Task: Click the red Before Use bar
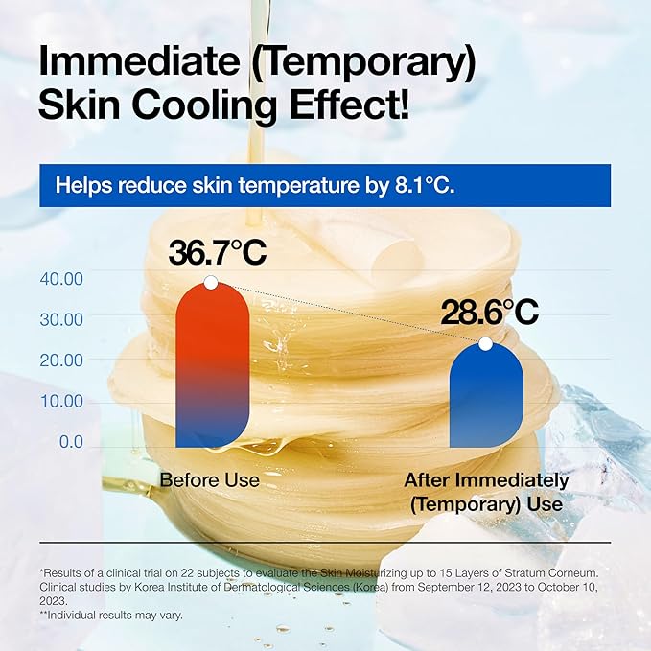tap(212, 364)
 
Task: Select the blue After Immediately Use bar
tap(485, 395)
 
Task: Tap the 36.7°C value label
tap(218, 253)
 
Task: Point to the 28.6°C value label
tap(489, 312)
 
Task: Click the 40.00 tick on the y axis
tap(61, 278)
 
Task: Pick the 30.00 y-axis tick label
tap(61, 318)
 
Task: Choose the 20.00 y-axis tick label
tap(61, 360)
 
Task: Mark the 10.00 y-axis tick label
tap(61, 401)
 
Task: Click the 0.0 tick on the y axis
tap(71, 442)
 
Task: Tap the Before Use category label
tap(210, 480)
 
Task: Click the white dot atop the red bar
tap(211, 283)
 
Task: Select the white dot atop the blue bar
tap(485, 343)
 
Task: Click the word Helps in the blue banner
tap(82, 185)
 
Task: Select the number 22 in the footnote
tap(165, 572)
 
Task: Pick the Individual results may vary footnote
tap(107, 614)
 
